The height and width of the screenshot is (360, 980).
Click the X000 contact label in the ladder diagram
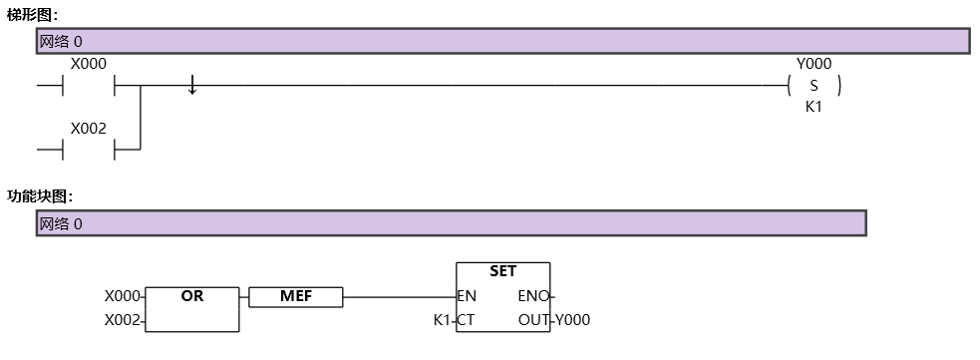pos(89,64)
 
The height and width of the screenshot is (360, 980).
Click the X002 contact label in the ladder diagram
pos(89,128)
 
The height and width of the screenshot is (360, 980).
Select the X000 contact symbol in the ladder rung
pos(90,87)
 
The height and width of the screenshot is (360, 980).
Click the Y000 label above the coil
pos(814,64)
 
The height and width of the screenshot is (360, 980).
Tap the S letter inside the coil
pos(814,87)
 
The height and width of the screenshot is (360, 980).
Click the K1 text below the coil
pos(814,108)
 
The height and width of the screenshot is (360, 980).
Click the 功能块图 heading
pos(40,195)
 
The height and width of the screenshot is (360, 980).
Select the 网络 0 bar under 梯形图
pos(502,41)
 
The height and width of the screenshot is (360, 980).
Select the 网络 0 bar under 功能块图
pos(451,223)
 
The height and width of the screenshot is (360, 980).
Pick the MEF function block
pos(295,296)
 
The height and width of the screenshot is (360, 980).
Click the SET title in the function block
pos(502,271)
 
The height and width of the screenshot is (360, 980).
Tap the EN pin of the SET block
pos(467,296)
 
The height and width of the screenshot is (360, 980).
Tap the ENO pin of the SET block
pos(533,296)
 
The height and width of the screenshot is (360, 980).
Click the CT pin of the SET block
pos(466,320)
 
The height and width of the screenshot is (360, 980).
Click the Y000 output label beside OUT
pos(573,320)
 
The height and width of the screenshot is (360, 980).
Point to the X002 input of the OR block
pos(124,320)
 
